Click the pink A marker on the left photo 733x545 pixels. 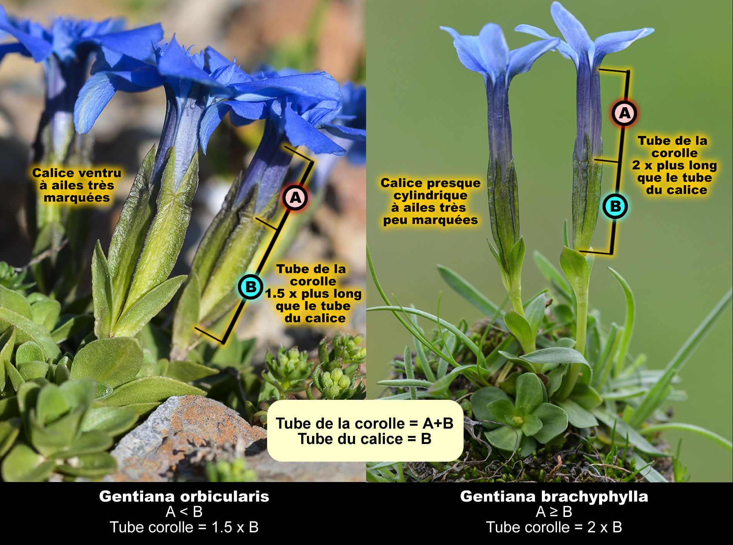click(295, 197)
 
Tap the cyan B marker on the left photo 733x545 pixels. click(251, 287)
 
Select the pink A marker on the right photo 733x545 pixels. click(624, 113)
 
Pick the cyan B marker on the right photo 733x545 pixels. click(615, 206)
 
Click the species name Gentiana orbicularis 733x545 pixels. click(184, 496)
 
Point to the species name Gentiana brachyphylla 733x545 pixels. click(554, 496)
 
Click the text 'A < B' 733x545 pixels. click(184, 512)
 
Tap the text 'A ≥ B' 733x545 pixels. click(554, 512)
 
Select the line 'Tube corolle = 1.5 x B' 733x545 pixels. click(184, 527)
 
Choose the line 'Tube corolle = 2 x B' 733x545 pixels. click(554, 527)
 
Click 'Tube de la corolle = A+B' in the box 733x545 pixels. click(365, 423)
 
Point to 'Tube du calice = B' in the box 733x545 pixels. click(365, 439)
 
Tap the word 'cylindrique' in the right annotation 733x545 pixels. click(431, 195)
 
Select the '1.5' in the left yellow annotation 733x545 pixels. click(275, 294)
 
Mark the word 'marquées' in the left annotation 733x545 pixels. click(77, 198)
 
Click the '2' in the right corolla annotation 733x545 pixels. click(636, 165)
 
